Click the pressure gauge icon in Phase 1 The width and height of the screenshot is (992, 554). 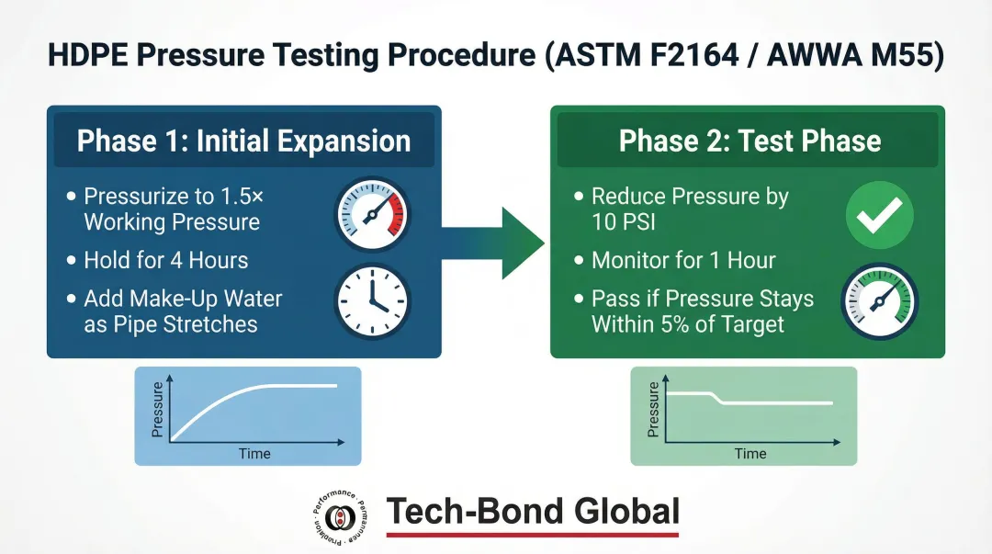point(371,215)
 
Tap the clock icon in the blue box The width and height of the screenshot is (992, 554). point(371,300)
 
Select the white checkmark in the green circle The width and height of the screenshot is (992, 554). point(879,215)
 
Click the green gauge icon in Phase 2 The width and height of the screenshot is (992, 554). point(879,300)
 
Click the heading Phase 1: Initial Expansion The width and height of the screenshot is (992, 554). point(243,141)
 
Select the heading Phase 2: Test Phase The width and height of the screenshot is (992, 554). point(750,141)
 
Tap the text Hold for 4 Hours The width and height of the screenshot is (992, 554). point(166,260)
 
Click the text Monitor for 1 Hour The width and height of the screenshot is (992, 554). point(683,260)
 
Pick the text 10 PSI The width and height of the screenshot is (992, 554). point(626,222)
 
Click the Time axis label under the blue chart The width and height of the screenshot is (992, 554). point(254,453)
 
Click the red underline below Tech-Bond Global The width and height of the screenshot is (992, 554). point(532,535)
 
